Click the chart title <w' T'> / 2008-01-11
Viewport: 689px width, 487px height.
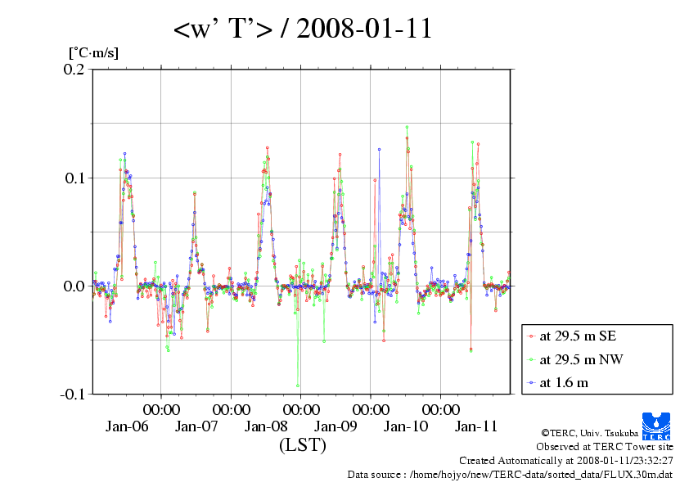(302, 29)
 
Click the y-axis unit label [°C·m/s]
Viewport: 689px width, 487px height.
(93, 53)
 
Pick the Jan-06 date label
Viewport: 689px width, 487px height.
(127, 426)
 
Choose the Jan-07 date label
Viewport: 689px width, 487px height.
(196, 426)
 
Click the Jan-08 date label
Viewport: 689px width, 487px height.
(267, 426)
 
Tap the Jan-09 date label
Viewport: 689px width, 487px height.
(336, 426)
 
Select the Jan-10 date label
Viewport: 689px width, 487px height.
(407, 426)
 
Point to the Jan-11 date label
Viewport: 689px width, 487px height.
(476, 426)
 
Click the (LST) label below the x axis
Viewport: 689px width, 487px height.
(302, 446)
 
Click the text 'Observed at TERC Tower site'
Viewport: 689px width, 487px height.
(605, 447)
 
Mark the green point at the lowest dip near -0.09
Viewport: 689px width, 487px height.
(298, 386)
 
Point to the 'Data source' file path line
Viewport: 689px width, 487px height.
(510, 474)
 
